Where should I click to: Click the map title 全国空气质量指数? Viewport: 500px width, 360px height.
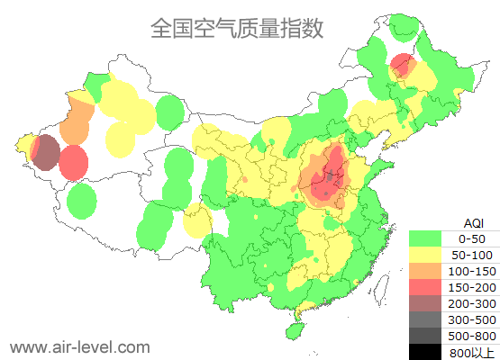237,28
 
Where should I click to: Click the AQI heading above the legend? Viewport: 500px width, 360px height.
473,222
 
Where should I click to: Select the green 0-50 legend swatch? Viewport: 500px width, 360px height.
428,238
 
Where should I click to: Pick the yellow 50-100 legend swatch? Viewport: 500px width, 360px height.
428,255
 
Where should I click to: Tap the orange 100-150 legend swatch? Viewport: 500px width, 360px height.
428,271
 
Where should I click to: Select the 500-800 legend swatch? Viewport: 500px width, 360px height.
428,336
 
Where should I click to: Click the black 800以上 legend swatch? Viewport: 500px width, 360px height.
428,351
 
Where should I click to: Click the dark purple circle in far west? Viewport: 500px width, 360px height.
46,152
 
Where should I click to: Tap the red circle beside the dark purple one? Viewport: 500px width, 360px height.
74,164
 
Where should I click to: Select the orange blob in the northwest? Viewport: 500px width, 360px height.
76,121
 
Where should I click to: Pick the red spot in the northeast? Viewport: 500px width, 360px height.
402,65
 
